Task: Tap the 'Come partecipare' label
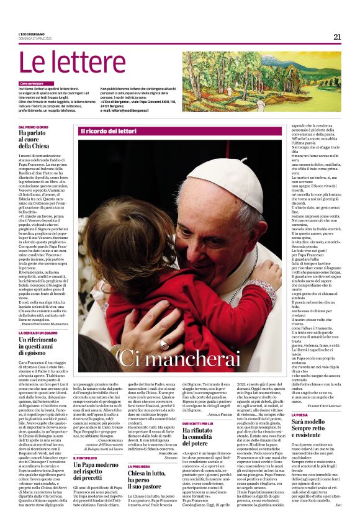32,83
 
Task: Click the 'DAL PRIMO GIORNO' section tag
34,127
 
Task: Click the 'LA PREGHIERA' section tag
142,466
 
